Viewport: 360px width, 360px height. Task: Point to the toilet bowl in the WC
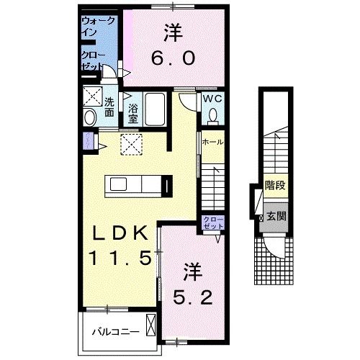pyautogui.click(x=213, y=115)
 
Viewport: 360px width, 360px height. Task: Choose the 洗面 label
pyautogui.click(x=109, y=107)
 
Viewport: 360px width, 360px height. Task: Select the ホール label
pyautogui.click(x=212, y=143)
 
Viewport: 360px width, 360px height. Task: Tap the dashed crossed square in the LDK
pyautogui.click(x=131, y=144)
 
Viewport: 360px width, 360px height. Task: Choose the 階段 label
pyautogui.click(x=273, y=185)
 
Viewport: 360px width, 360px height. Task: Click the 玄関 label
pyautogui.click(x=273, y=216)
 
